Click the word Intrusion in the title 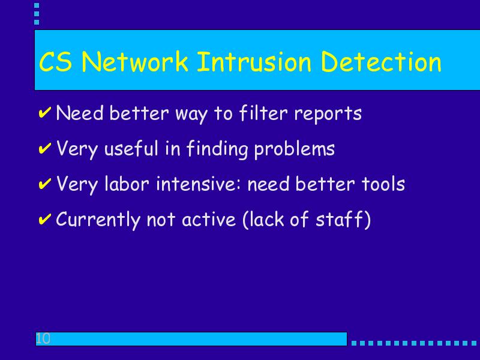[x=254, y=62]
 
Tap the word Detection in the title [x=381, y=62]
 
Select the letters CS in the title [x=56, y=62]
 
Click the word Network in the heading [x=134, y=62]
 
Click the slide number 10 [x=43, y=338]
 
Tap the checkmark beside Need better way [x=44, y=112]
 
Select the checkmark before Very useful [x=44, y=148]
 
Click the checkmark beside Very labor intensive [x=44, y=184]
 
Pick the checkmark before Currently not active [x=44, y=220]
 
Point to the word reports [x=328, y=115]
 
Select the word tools [x=383, y=184]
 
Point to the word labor [x=127, y=184]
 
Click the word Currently [x=98, y=220]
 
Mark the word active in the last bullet [x=209, y=220]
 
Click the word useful [x=131, y=149]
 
